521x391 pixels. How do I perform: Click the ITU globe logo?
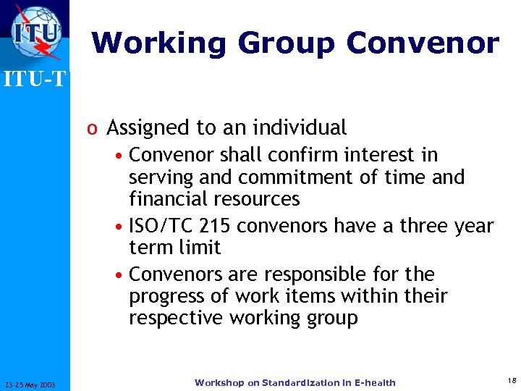pos(35,33)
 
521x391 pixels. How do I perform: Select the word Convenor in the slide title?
pos(422,43)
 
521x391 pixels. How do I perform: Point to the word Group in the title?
pos(288,43)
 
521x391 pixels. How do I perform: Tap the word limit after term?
pos(200,248)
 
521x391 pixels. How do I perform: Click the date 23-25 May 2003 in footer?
pos(34,383)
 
